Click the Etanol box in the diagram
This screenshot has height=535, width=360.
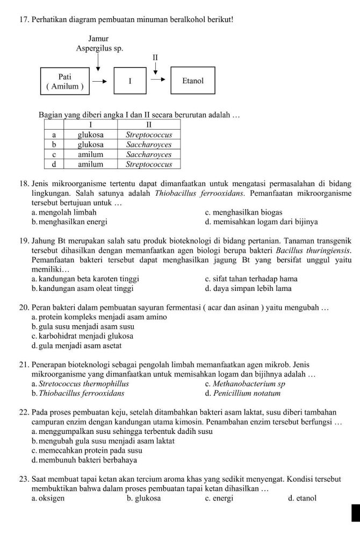[x=193, y=81]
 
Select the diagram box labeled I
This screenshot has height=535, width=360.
[x=129, y=81]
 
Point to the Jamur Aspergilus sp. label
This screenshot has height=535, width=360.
[x=99, y=44]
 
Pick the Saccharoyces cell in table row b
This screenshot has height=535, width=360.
[x=148, y=145]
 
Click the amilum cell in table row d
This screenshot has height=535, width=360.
[x=90, y=163]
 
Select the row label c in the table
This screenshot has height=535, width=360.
[x=54, y=154]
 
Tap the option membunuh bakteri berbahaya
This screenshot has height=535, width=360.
[x=84, y=460]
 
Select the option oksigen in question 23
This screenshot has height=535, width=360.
[x=48, y=498]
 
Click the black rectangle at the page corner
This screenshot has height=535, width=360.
[x=355, y=512]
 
